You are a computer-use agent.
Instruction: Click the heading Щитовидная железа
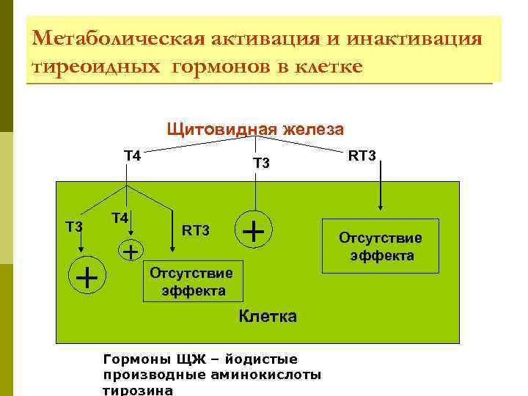(254, 130)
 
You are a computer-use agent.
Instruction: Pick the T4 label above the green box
(132, 155)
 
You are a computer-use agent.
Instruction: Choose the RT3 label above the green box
(362, 155)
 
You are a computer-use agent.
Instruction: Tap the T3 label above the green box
(262, 163)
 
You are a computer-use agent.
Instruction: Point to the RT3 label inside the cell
(196, 232)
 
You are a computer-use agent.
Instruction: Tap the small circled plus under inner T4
(131, 252)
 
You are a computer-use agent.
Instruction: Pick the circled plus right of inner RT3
(254, 232)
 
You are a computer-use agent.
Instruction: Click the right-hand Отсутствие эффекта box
(380, 246)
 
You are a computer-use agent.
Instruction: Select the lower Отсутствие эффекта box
(191, 282)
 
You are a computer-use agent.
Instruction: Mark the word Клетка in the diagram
(268, 317)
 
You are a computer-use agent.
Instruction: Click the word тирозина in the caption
(139, 390)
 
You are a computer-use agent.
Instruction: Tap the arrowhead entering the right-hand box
(381, 213)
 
